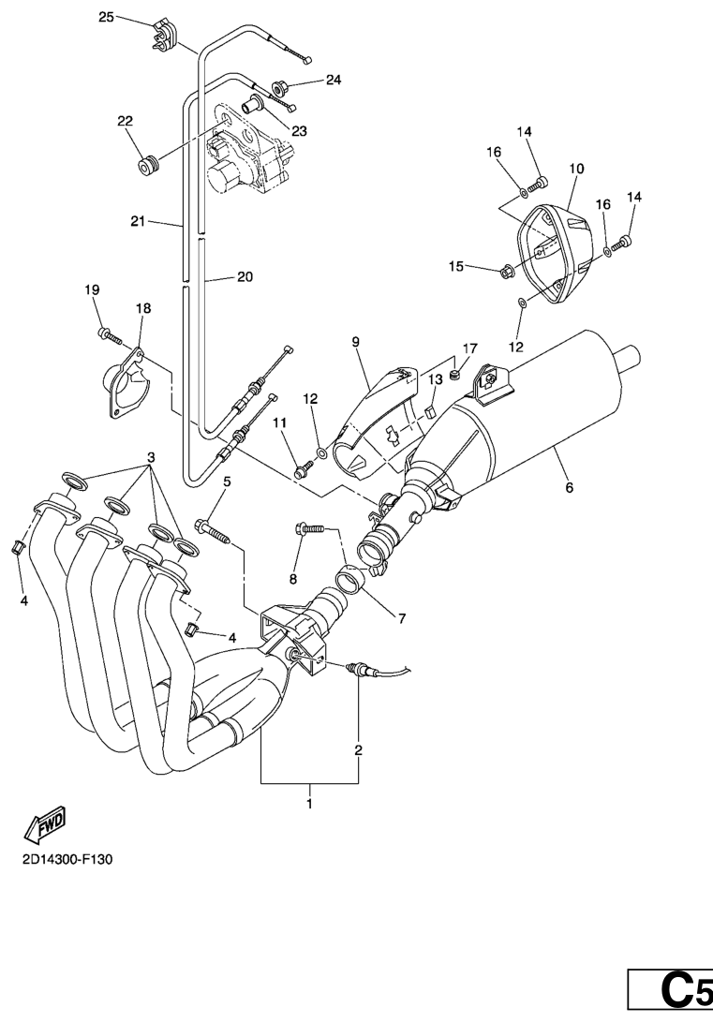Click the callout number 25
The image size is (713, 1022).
(106, 17)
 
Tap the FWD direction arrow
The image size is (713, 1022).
(46, 822)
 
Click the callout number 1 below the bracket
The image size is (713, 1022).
(310, 804)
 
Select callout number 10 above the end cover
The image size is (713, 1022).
(576, 169)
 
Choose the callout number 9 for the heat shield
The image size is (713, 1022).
(355, 343)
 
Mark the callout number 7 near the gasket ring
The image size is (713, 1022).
(400, 618)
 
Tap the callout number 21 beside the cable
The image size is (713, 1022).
(140, 221)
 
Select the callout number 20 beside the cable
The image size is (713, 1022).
(244, 277)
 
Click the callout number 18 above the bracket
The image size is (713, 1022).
(143, 307)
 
